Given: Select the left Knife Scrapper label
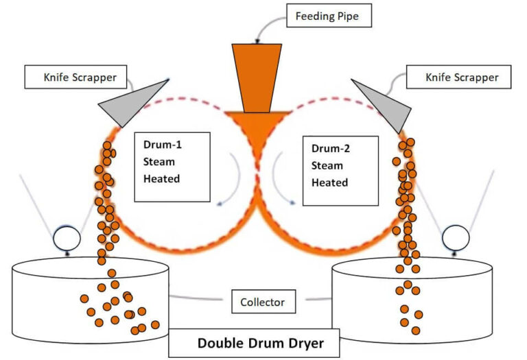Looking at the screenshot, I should coord(75,77).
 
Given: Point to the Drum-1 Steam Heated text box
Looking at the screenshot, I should coord(172,167).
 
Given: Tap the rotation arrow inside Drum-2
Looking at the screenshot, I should coord(282,181).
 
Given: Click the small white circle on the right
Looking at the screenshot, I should coord(455,238).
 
